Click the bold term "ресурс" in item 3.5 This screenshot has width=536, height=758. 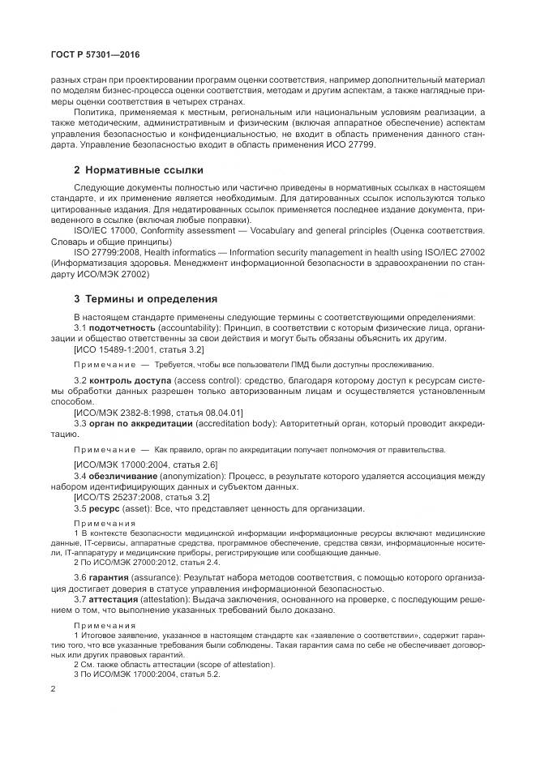pos(106,508)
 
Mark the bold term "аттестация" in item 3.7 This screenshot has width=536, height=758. pos(116,597)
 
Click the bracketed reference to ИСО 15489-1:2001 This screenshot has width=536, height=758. pos(139,349)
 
